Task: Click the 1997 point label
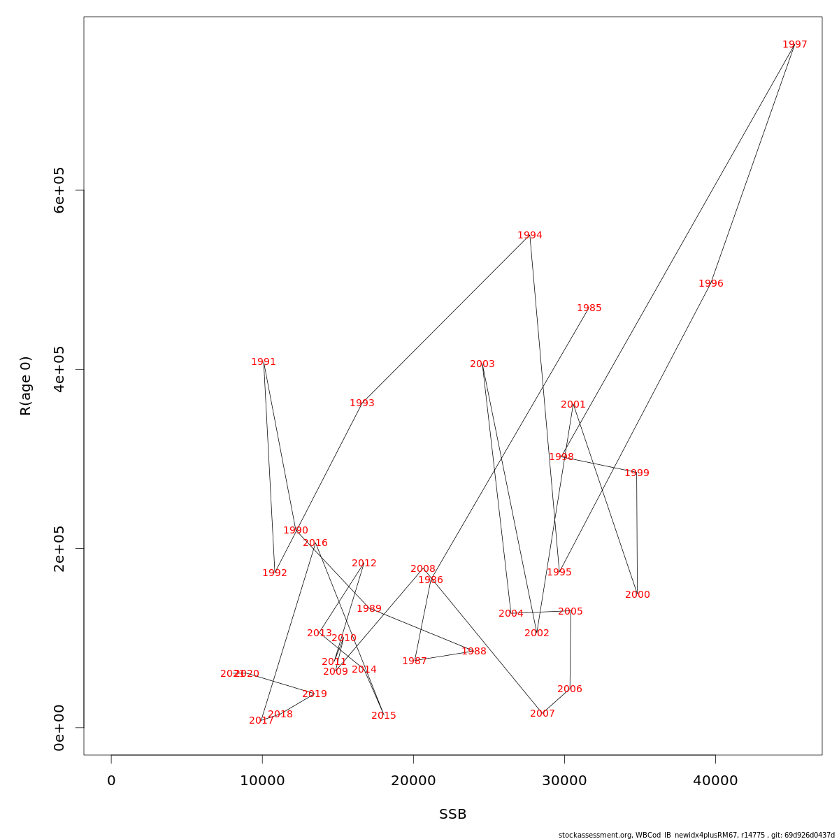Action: pyautogui.click(x=794, y=45)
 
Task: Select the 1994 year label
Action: pyautogui.click(x=529, y=236)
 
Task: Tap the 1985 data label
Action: pyautogui.click(x=589, y=308)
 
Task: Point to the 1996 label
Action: pyautogui.click(x=710, y=284)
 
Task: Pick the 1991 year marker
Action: pyautogui.click(x=264, y=362)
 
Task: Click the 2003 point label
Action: pyautogui.click(x=482, y=364)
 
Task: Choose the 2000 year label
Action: pyautogui.click(x=637, y=595)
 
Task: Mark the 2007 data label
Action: pyautogui.click(x=542, y=714)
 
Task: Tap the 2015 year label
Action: pyautogui.click(x=383, y=716)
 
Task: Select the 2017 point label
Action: pyautogui.click(x=261, y=721)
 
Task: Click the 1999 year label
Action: pyautogui.click(x=636, y=473)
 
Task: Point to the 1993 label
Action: pyautogui.click(x=361, y=403)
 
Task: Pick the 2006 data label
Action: pyautogui.click(x=569, y=689)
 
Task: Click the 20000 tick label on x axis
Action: pyautogui.click(x=413, y=781)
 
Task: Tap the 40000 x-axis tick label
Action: pyautogui.click(x=715, y=781)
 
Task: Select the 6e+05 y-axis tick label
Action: pyautogui.click(x=59, y=190)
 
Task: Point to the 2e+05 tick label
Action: pyautogui.click(x=59, y=548)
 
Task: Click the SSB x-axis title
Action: pyautogui.click(x=452, y=815)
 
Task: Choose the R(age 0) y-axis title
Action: pyautogui.click(x=26, y=386)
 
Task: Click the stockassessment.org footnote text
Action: pyautogui.click(x=696, y=835)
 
